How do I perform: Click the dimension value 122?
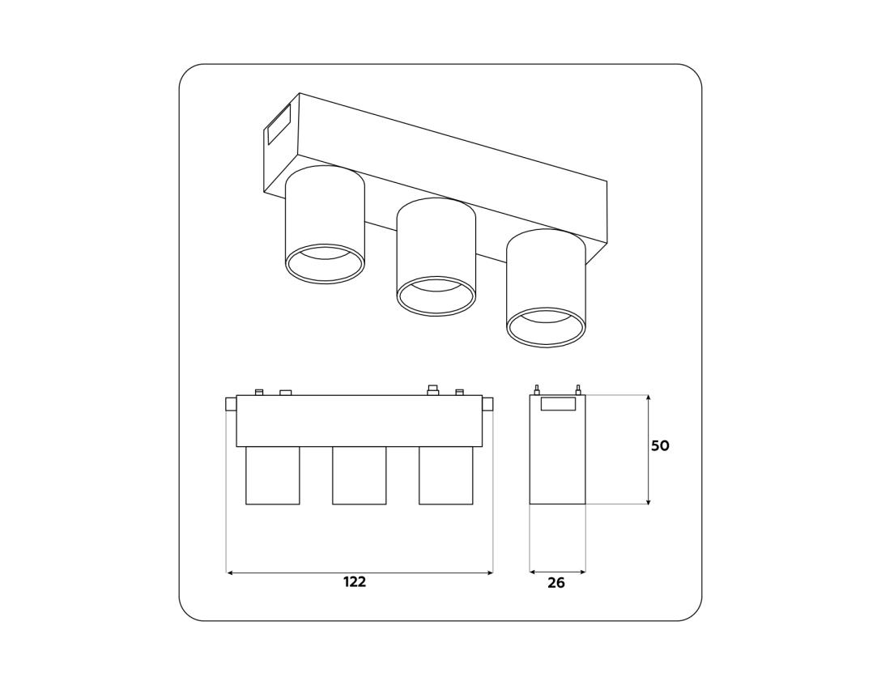pyautogui.click(x=355, y=582)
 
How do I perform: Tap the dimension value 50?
pyautogui.click(x=660, y=446)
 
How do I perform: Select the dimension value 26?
pyautogui.click(x=556, y=583)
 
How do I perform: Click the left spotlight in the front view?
pyautogui.click(x=272, y=475)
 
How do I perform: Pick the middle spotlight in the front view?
pyautogui.click(x=359, y=475)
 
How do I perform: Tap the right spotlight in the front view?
pyautogui.click(x=445, y=475)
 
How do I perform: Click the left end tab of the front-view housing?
pyautogui.click(x=231, y=404)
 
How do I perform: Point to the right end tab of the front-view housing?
pyautogui.click(x=487, y=404)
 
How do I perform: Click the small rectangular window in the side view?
pyautogui.click(x=558, y=404)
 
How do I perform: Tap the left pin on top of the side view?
pyautogui.click(x=537, y=389)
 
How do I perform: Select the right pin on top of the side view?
pyautogui.click(x=577, y=389)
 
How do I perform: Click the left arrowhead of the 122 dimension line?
pyautogui.click(x=230, y=572)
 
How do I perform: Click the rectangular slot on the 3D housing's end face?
pyautogui.click(x=279, y=123)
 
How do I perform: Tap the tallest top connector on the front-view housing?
pyautogui.click(x=432, y=390)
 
